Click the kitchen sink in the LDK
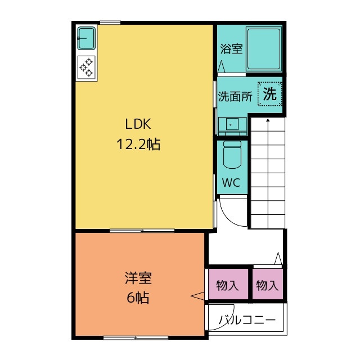point(86,38)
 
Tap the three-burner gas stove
point(86,67)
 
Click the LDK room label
point(138,124)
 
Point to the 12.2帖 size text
point(138,144)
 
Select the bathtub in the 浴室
point(264,49)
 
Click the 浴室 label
point(231,48)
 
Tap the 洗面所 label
point(235,96)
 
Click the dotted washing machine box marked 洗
point(269,94)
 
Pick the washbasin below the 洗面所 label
point(232,125)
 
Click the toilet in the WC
point(232,155)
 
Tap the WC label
point(231,182)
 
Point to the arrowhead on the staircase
point(268,120)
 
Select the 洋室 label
point(138,278)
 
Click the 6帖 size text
point(138,298)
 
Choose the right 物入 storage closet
point(268,284)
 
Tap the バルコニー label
point(247,319)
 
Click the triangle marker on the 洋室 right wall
point(197,296)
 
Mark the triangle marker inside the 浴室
point(221,66)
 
